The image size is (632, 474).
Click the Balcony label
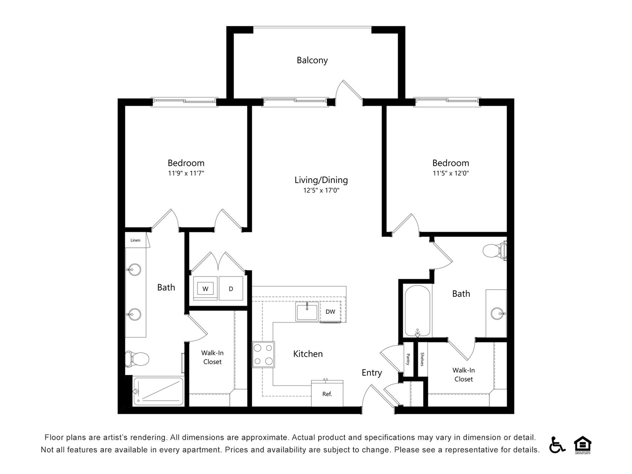tap(312, 60)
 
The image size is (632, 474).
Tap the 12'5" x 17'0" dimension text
tap(321, 190)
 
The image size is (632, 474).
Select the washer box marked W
tap(205, 289)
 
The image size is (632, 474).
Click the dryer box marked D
tap(231, 289)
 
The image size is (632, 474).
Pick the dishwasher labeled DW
tap(330, 312)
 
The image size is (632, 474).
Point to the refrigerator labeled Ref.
tap(327, 394)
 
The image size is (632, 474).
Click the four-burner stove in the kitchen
tap(263, 355)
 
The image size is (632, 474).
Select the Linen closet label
tap(135, 240)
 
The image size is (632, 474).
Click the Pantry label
tap(408, 359)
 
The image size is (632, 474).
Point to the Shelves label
tap(422, 359)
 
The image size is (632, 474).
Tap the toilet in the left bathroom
tap(137, 358)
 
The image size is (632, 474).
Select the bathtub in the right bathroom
tap(417, 311)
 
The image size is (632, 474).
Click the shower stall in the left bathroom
tap(158, 391)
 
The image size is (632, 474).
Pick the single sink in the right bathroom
tap(497, 313)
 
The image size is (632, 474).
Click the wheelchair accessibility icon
tap(556, 445)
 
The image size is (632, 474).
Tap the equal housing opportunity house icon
tap(582, 444)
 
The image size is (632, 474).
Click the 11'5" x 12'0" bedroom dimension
tap(450, 173)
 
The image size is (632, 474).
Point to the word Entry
tap(372, 373)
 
